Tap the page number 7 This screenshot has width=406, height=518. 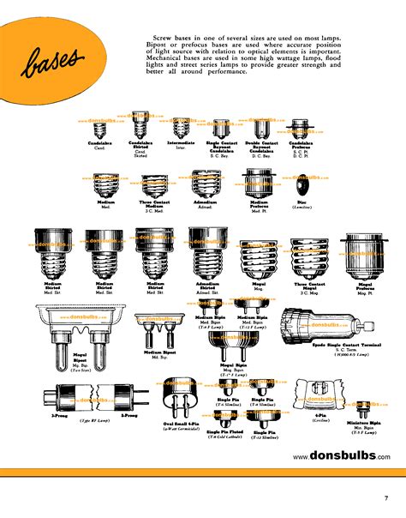pyautogui.click(x=385, y=499)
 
